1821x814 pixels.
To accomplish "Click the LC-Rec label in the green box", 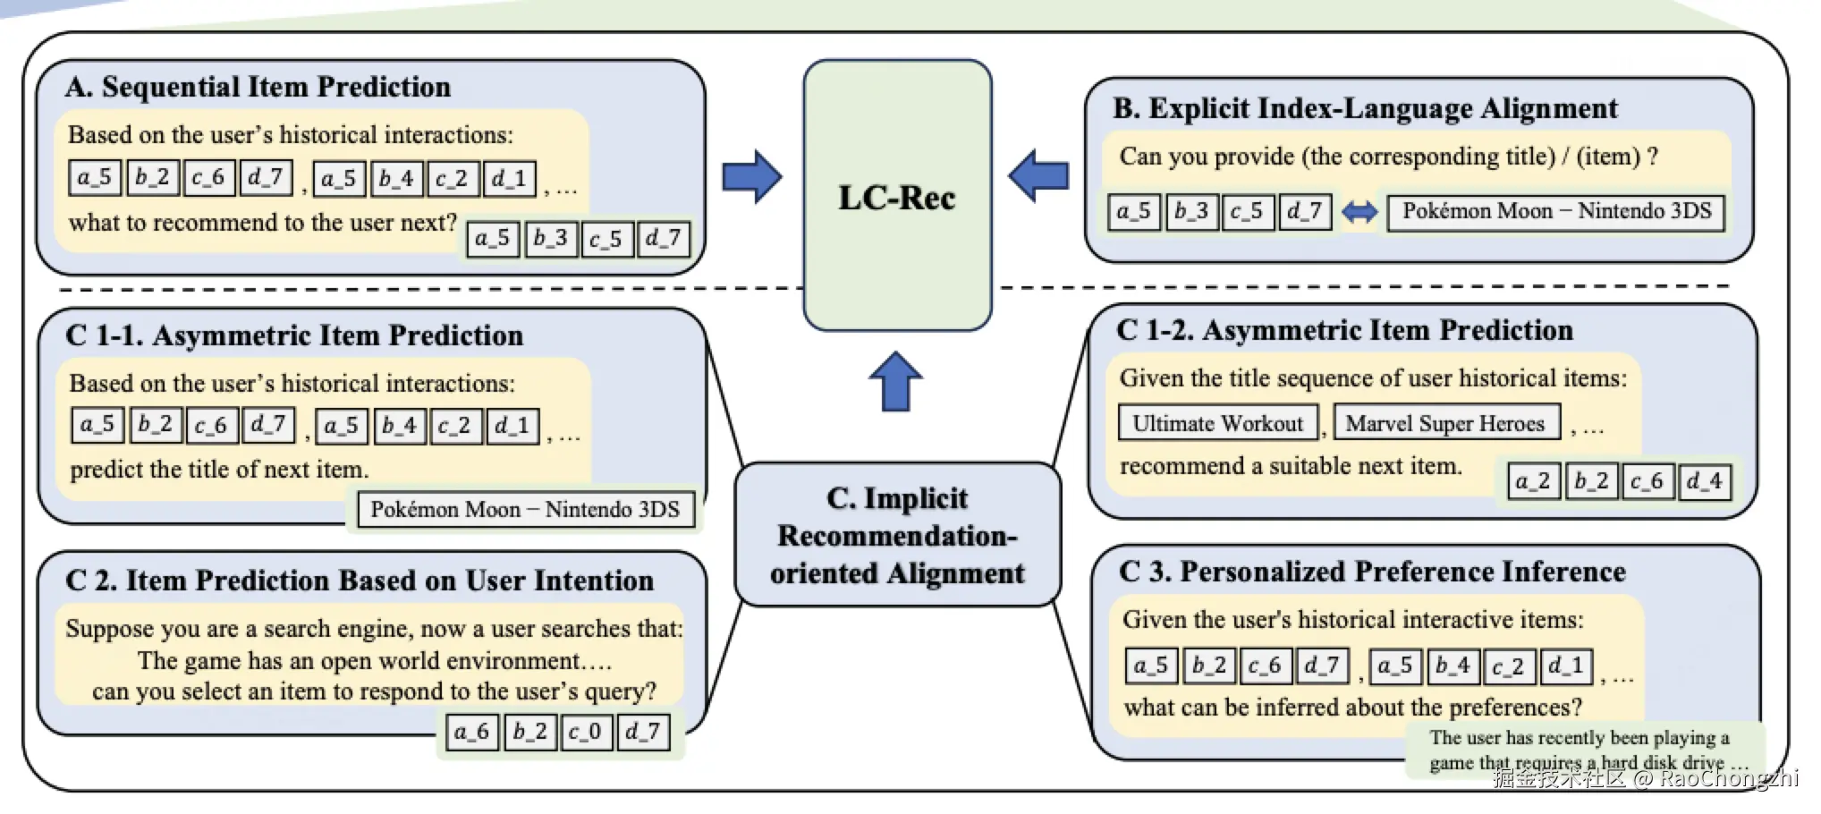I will (x=897, y=198).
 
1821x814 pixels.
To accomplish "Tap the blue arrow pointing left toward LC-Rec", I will (x=1038, y=174).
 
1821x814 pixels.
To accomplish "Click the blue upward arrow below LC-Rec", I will (x=895, y=381).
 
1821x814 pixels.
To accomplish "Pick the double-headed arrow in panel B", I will (x=1359, y=213).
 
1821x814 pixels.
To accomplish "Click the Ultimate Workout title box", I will (x=1218, y=423).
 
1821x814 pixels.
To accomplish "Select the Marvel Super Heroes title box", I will (x=1445, y=423).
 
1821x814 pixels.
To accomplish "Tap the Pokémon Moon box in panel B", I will (x=1556, y=212).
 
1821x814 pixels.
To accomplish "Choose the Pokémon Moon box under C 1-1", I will (x=525, y=510).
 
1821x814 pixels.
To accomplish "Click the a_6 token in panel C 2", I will (x=472, y=732).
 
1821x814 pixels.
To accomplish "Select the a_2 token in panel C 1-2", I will (x=1533, y=482).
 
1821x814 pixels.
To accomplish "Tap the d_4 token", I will (x=1705, y=482).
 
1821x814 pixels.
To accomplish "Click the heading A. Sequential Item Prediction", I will (x=258, y=87).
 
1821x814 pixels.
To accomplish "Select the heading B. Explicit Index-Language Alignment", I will (x=1365, y=108).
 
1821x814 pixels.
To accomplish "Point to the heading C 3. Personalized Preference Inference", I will (x=1372, y=572).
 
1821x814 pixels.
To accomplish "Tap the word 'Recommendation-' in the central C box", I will (x=897, y=536).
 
